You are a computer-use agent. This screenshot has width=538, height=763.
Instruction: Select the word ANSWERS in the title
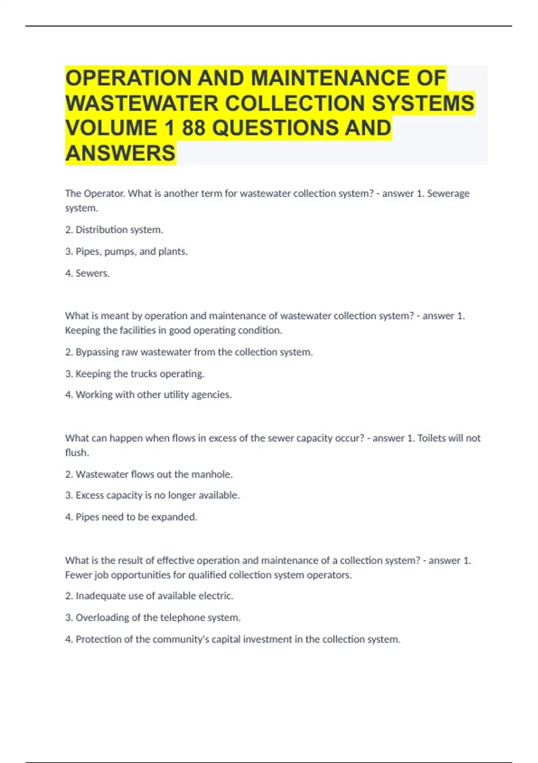(x=120, y=153)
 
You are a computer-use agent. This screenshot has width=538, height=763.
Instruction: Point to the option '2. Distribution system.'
(x=114, y=230)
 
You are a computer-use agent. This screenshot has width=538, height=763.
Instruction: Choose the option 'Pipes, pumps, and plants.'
(x=131, y=251)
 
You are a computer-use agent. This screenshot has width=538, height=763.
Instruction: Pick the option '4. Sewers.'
(x=87, y=273)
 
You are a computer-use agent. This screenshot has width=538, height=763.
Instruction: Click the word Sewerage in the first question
(x=448, y=193)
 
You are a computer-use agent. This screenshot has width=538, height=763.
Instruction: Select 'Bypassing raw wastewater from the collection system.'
(x=194, y=352)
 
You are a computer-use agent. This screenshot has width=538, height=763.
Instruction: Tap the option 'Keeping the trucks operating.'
(x=139, y=373)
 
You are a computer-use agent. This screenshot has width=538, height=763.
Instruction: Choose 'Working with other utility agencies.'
(x=153, y=395)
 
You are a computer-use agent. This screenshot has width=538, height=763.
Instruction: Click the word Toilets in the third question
(x=432, y=438)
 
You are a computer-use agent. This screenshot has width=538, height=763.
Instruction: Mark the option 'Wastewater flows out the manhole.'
(x=154, y=474)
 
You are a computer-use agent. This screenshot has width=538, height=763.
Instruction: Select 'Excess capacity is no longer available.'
(x=157, y=495)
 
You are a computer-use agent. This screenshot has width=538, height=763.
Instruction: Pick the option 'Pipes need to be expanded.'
(x=136, y=517)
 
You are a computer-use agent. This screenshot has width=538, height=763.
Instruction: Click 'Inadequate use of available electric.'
(x=154, y=596)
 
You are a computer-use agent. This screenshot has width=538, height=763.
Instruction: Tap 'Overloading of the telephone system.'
(x=158, y=617)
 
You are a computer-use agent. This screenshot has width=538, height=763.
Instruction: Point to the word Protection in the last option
(x=98, y=639)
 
